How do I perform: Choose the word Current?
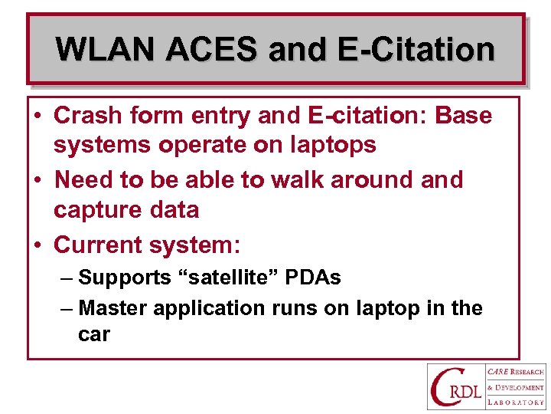tap(101, 245)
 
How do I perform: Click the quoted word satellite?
tap(229, 278)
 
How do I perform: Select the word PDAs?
tap(314, 278)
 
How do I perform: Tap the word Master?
tap(113, 308)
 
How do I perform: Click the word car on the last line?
tap(93, 335)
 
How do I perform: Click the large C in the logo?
tap(445, 387)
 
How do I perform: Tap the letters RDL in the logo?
tap(468, 394)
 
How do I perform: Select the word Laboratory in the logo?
tap(516, 402)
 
